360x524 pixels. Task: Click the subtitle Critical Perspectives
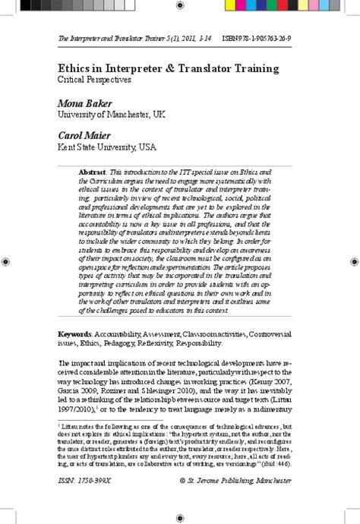tap(95, 78)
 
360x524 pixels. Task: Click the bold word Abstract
tap(92, 173)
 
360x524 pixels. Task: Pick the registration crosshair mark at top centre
tap(180, 5)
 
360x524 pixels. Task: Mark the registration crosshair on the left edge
tap(6, 261)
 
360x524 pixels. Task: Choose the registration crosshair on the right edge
tap(354, 261)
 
